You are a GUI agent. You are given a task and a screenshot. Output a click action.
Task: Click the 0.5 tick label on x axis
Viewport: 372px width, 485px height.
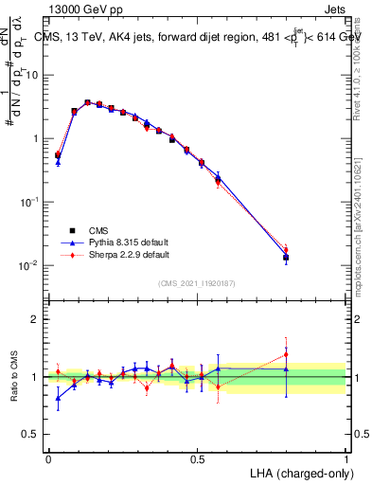point(197,458)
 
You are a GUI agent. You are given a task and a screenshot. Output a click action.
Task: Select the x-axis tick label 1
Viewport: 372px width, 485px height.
point(345,458)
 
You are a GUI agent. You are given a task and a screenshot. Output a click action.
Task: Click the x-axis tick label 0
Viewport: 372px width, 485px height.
point(48,458)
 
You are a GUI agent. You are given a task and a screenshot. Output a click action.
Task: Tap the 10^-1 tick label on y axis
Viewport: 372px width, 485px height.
point(29,202)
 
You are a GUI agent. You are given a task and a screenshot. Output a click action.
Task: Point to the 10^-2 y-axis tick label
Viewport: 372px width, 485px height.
point(29,265)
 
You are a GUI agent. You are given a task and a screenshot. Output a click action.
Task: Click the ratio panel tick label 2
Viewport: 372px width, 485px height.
point(35,319)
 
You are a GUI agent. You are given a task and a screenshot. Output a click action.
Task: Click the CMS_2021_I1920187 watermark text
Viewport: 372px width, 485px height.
point(197,283)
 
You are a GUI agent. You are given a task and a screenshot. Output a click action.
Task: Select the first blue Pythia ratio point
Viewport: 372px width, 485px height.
point(58,398)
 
